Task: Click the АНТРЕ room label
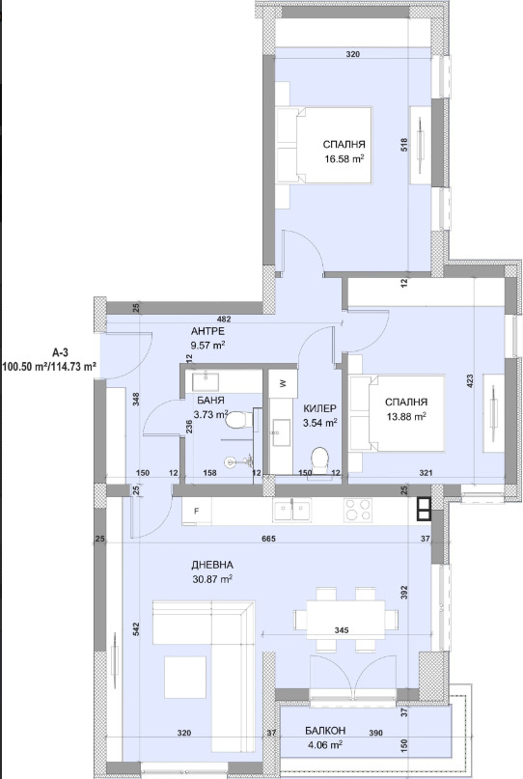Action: coord(207,331)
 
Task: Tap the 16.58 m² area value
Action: coord(344,159)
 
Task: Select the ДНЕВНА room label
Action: coord(212,565)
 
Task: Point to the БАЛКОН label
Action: coord(325,731)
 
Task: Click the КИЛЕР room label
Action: coord(319,408)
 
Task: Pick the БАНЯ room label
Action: coord(210,401)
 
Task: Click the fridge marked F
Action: coord(197,511)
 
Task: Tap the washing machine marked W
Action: coord(282,383)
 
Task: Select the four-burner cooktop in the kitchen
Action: coord(358,510)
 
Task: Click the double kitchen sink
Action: coord(291,511)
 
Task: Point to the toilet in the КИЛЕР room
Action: coord(319,459)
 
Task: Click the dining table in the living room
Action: coord(345,619)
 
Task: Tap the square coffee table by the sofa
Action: coord(185,677)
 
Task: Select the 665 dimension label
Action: coord(268,539)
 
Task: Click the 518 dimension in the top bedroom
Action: coord(403,145)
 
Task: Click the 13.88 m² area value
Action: coord(406,417)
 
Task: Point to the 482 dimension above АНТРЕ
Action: coord(224,320)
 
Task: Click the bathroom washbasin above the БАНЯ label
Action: coord(206,381)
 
